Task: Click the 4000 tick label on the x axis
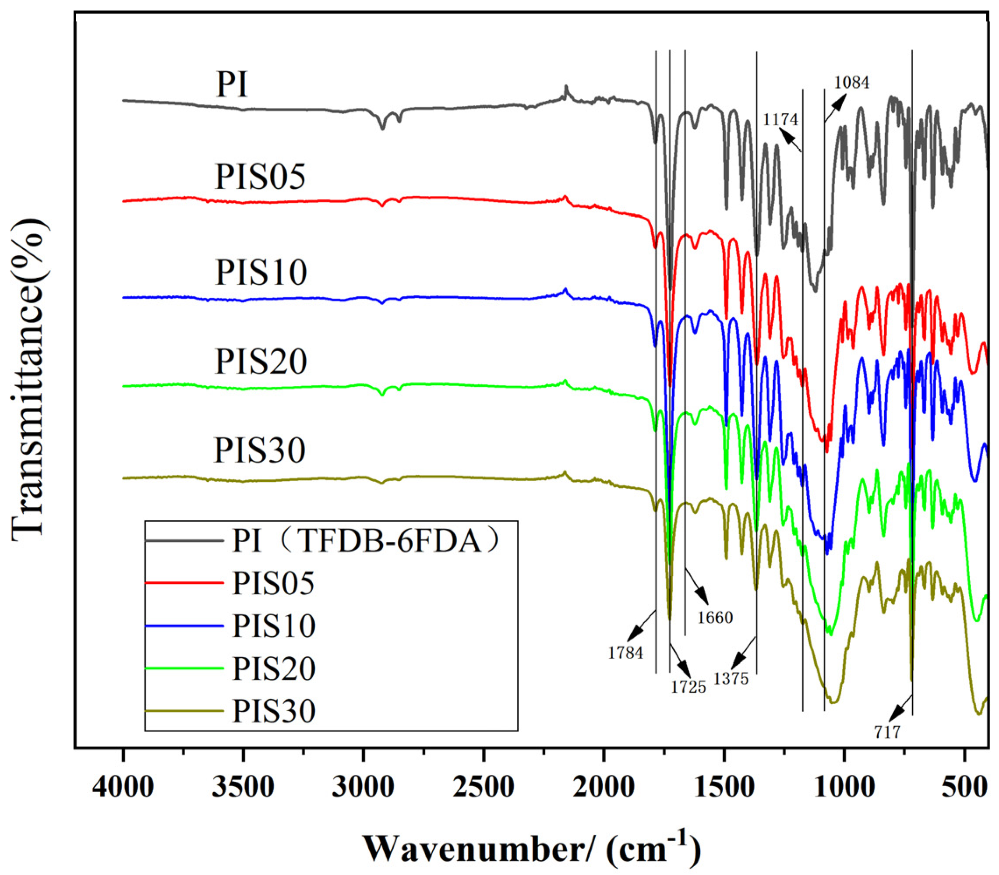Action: [123, 787]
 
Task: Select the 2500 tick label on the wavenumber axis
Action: [484, 787]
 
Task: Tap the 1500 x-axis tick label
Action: [724, 787]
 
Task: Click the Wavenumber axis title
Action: [532, 849]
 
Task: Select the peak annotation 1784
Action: [625, 653]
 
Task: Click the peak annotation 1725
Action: [688, 687]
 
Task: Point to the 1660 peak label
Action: [715, 617]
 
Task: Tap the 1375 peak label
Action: [731, 679]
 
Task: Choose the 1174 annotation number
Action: [780, 119]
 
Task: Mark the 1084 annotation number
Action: [852, 82]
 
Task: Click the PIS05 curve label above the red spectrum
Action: [260, 176]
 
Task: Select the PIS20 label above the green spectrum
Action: [261, 361]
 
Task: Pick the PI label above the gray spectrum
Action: [232, 85]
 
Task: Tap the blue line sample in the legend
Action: [184, 626]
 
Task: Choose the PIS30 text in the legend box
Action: [273, 711]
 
